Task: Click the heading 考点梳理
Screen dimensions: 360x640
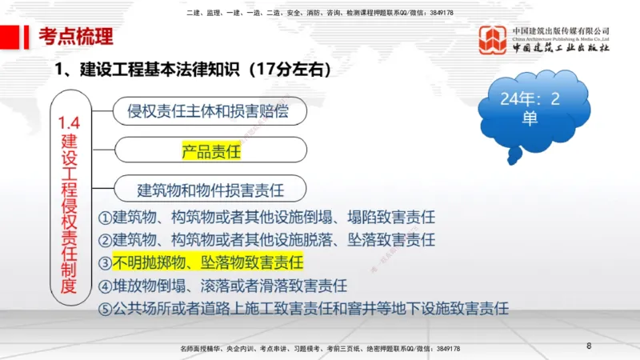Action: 76,36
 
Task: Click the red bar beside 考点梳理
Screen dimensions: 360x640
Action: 30,36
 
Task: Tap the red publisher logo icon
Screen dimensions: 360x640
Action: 493,40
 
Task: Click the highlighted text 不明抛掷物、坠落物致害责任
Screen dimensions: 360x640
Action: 208,262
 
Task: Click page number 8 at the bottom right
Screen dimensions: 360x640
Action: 589,346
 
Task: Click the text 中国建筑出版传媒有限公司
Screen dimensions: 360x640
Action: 561,30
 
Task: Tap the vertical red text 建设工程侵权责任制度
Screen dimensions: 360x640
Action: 70,212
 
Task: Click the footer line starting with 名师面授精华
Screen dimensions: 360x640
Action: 320,349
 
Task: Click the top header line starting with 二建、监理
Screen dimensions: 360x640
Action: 320,13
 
